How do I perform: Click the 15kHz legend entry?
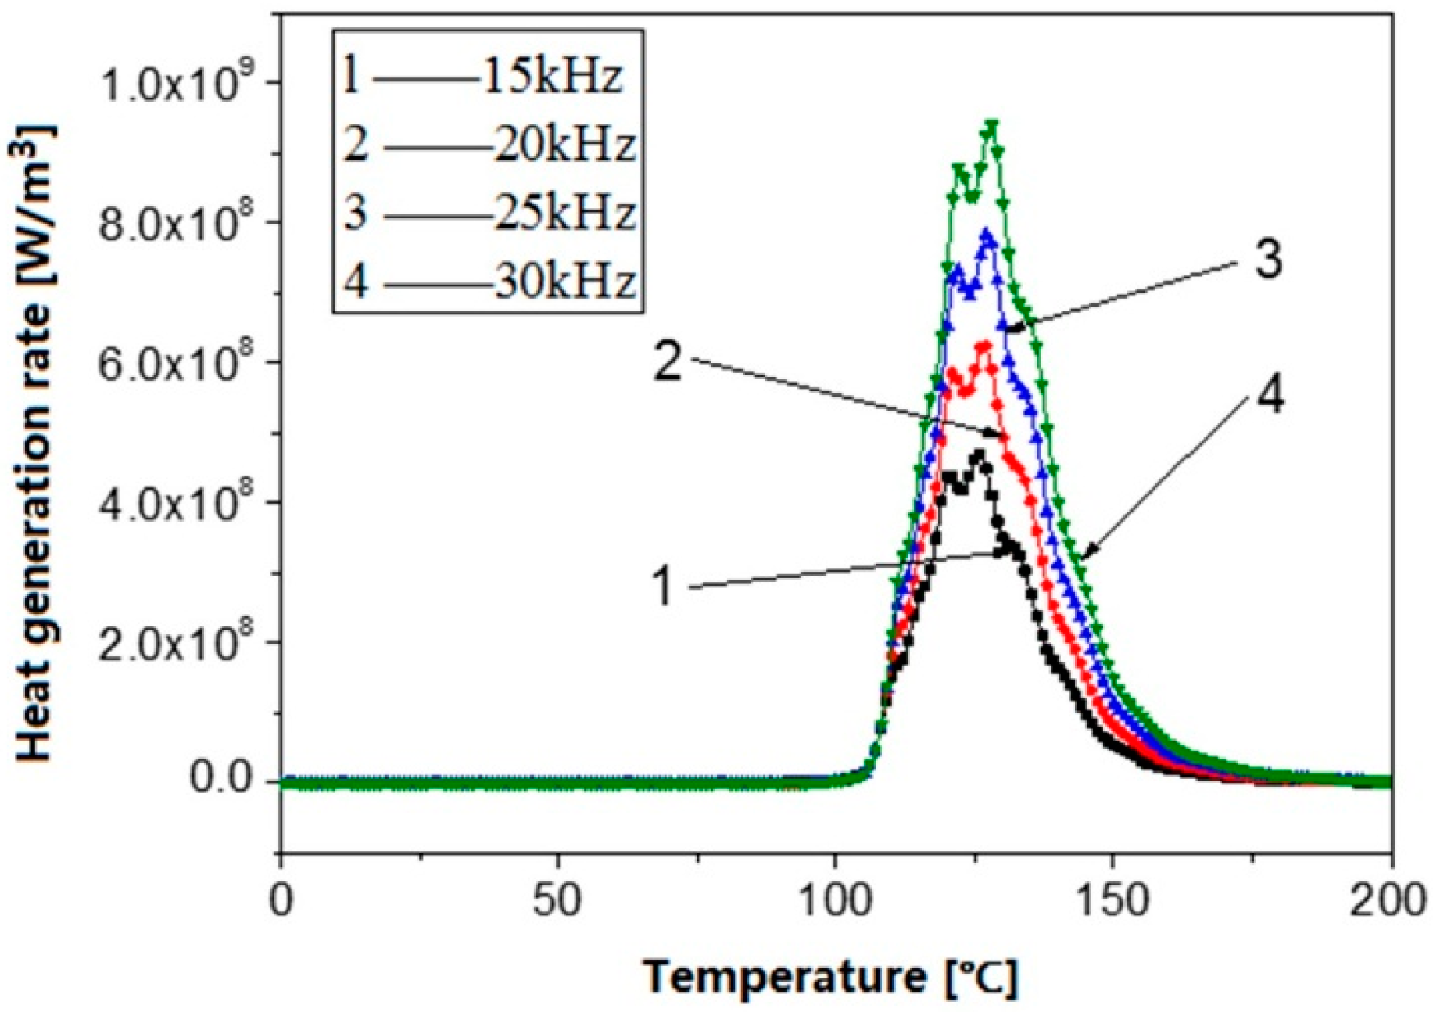(x=552, y=77)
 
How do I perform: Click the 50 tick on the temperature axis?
(x=558, y=901)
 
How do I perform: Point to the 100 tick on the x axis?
(x=835, y=901)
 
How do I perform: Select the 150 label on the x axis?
(x=1112, y=901)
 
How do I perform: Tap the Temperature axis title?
(x=830, y=977)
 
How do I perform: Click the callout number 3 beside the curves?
(x=1268, y=260)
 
